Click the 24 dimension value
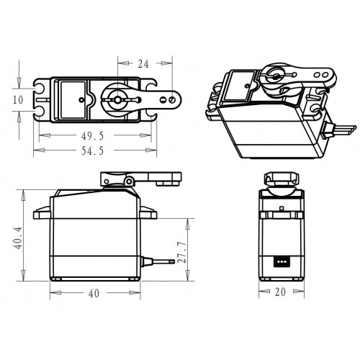pyautogui.click(x=143, y=64)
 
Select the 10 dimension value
pyautogui.click(x=18, y=100)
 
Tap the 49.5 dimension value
pyautogui.click(x=92, y=136)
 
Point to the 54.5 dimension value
pyautogui.click(x=93, y=151)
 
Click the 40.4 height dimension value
pyautogui.click(x=19, y=238)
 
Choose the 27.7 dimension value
pyautogui.click(x=182, y=252)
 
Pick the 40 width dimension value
pyautogui.click(x=94, y=293)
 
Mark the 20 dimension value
pyautogui.click(x=280, y=292)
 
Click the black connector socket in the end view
pyautogui.click(x=282, y=261)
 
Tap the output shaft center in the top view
pyautogui.click(x=117, y=99)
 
